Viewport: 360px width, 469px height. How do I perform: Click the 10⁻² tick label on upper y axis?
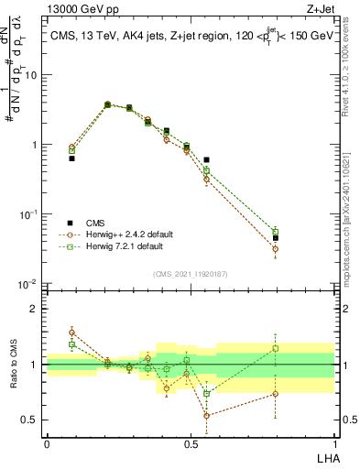(x=30, y=283)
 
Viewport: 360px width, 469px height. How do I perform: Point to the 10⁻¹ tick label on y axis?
(x=30, y=213)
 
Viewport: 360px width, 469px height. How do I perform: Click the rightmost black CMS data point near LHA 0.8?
(x=275, y=238)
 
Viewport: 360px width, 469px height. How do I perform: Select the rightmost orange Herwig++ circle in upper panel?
(x=275, y=248)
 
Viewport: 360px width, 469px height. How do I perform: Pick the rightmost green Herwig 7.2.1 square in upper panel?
(x=275, y=232)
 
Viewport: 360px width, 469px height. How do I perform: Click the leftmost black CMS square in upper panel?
(x=72, y=158)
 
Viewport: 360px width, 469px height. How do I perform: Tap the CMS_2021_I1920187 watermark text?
(x=190, y=272)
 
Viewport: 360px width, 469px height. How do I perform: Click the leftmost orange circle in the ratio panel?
(x=72, y=332)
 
